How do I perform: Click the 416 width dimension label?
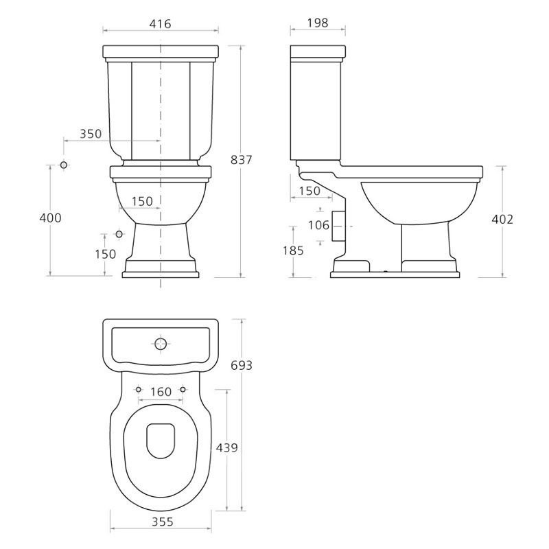coord(161,24)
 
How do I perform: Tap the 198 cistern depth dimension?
coord(318,23)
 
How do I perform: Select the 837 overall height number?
coord(242,160)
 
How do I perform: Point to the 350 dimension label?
coord(91,134)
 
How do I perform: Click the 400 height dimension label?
coord(50,218)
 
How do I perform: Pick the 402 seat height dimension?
coord(502,219)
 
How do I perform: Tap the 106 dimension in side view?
coord(318,225)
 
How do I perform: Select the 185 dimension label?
coord(293,250)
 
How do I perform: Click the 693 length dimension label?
coord(242,365)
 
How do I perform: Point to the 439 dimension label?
coord(227,447)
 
